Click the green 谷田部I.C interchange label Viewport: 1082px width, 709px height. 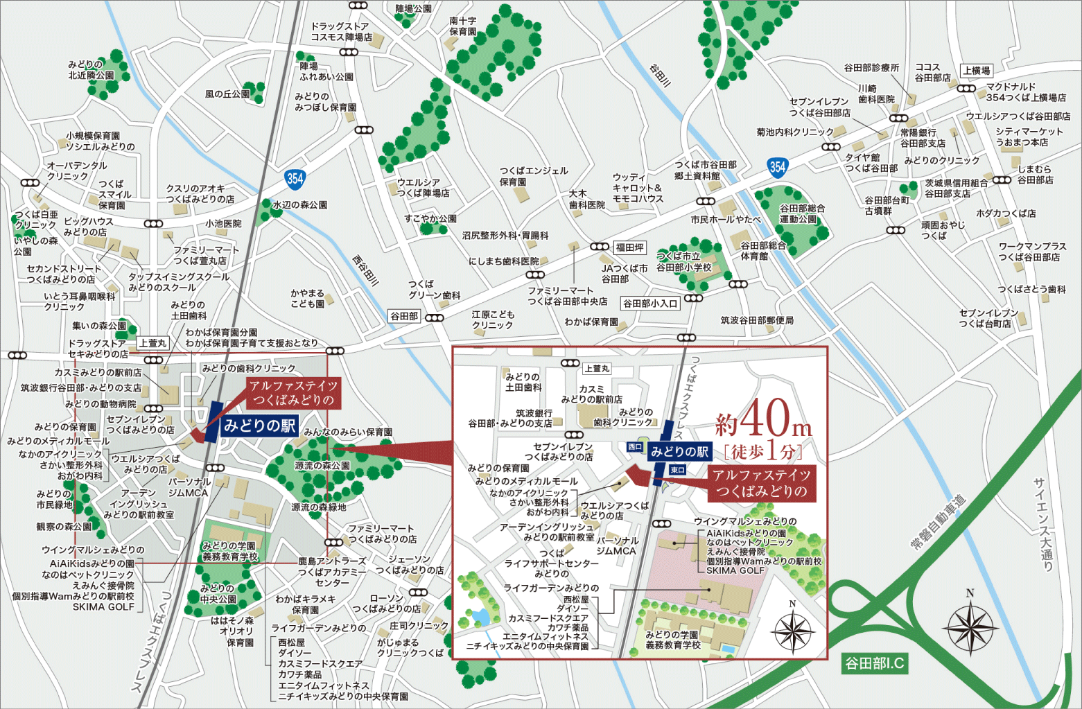point(874,663)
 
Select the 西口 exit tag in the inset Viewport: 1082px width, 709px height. point(634,447)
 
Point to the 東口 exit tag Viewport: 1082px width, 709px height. point(677,470)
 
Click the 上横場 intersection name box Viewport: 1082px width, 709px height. point(976,71)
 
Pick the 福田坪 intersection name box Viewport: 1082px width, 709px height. point(629,247)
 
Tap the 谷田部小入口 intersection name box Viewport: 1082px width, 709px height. point(649,303)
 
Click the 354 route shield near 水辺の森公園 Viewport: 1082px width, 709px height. point(295,179)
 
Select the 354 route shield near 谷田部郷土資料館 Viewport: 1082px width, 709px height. point(778,166)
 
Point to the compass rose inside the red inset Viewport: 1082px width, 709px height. point(792,631)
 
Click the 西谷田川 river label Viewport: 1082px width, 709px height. point(365,270)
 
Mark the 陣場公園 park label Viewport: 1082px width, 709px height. point(413,9)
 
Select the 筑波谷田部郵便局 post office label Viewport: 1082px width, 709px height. point(757,320)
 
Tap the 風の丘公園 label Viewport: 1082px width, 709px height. point(227,94)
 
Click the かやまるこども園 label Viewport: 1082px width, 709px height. point(307,299)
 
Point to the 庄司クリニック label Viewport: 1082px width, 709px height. point(419,625)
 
